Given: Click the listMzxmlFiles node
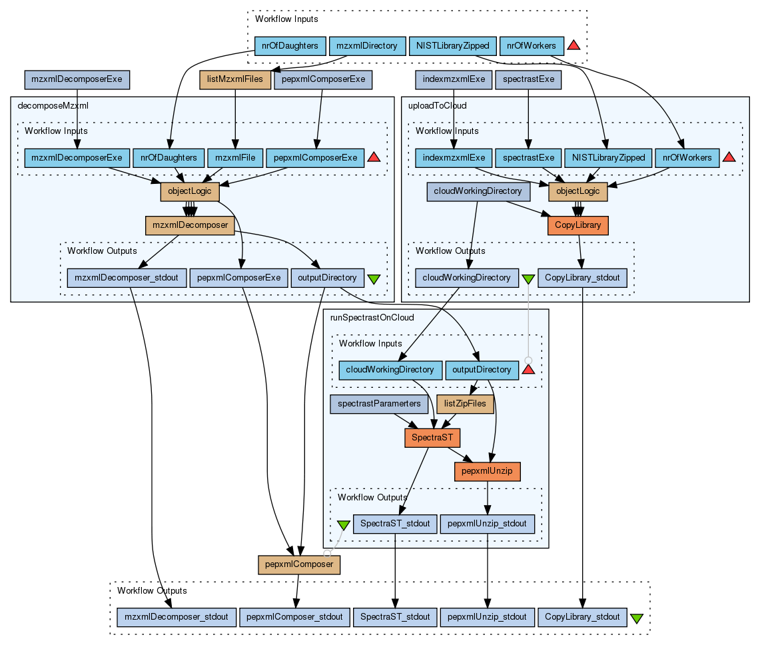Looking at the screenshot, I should coord(235,80).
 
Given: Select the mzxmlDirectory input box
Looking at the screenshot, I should coord(367,46).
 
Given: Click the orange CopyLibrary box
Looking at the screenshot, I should coord(577,225).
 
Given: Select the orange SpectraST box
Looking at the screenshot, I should coord(432,437).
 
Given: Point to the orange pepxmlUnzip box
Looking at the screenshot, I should coord(487,471).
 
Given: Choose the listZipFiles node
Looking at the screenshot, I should coord(465,403).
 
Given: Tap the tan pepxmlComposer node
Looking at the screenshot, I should coord(299,564).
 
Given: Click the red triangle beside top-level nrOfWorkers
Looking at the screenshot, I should coord(573,45).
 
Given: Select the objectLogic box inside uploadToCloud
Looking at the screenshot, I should coord(577,192).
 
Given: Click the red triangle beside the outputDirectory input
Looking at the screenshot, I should coord(528,370).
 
